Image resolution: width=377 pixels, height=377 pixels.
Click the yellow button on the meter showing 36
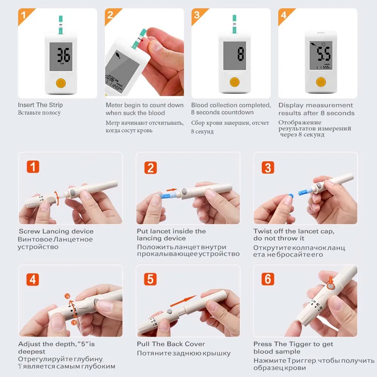61,83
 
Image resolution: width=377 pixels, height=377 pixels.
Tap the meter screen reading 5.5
321,55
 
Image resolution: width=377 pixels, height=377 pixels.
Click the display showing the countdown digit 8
234,55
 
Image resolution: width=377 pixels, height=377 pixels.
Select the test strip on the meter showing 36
61,25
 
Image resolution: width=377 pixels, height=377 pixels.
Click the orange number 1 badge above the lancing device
33,167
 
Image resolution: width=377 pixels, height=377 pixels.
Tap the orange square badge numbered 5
150,279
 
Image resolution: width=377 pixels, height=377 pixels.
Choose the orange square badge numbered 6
268,279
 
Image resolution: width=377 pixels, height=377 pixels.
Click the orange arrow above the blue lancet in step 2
172,190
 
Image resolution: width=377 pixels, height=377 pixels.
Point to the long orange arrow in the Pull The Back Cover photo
184,301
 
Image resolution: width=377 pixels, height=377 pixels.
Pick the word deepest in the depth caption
32,352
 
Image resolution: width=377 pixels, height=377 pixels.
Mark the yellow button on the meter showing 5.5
321,82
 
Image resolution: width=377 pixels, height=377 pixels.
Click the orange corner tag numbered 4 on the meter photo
284,15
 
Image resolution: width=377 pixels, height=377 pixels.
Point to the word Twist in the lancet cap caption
262,231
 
